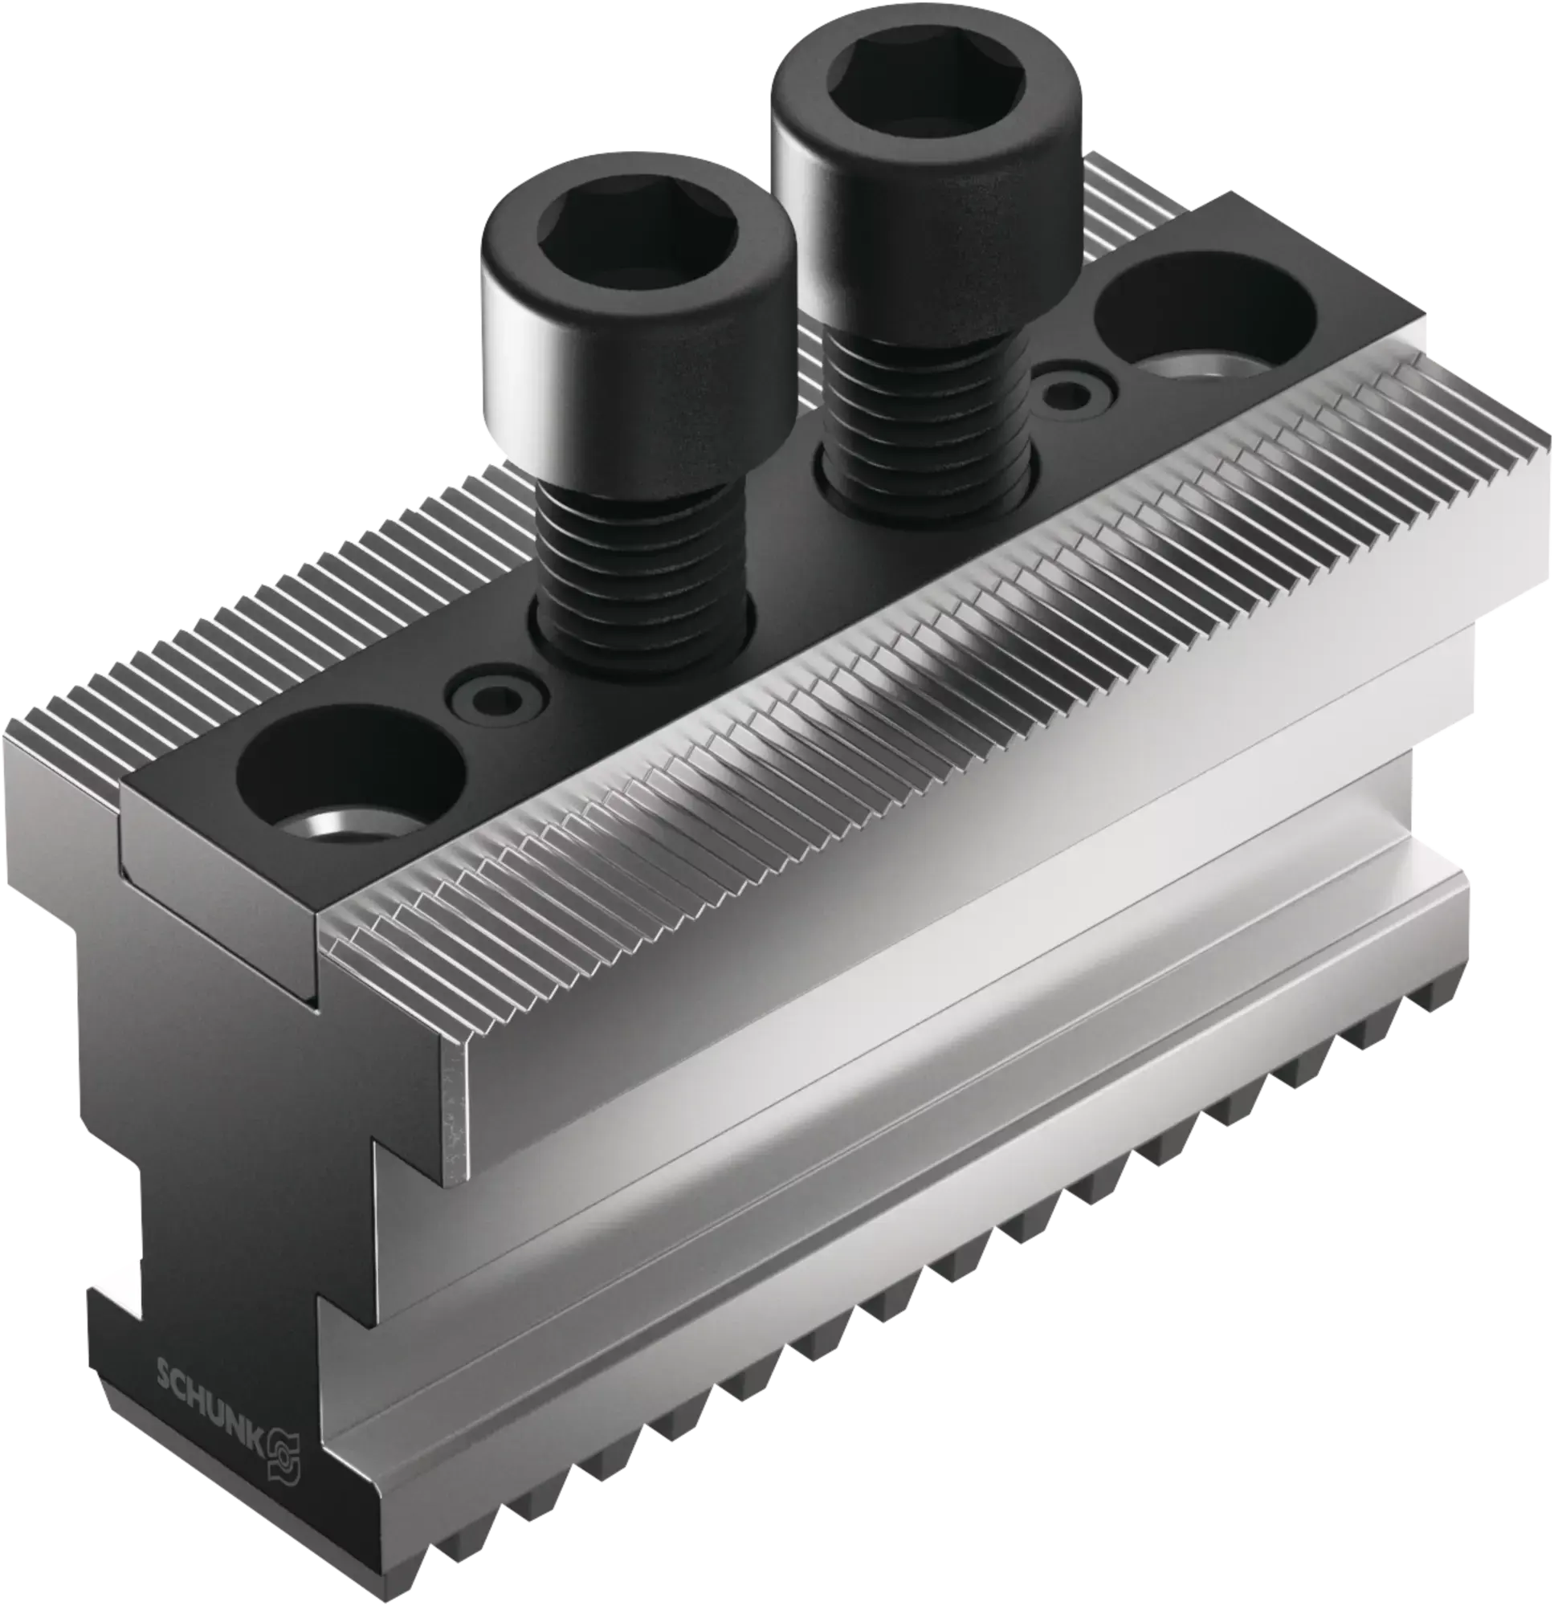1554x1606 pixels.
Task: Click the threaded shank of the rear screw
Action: [927, 418]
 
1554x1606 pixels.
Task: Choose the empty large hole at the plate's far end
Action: [1204, 320]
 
